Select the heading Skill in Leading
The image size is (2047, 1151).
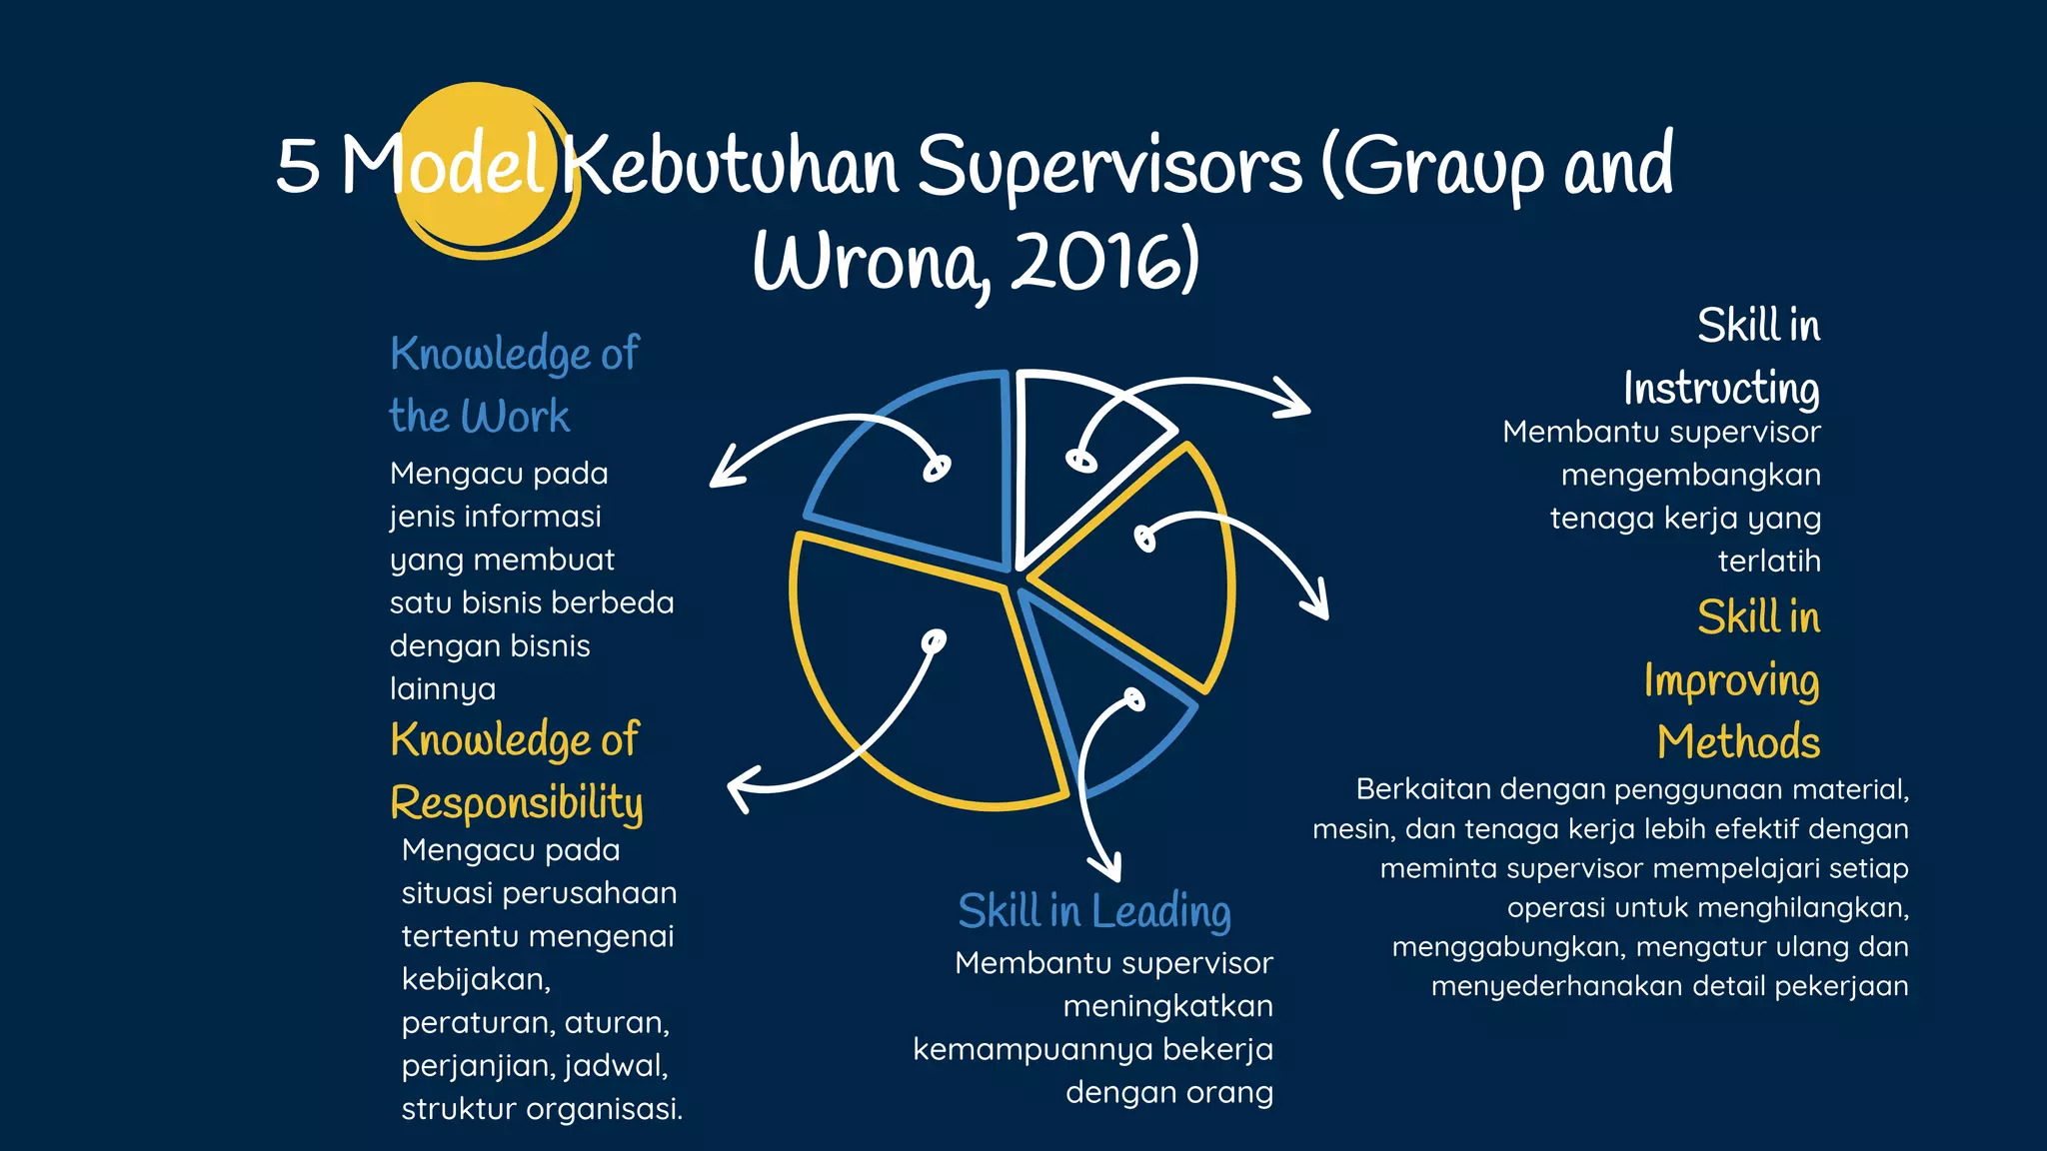click(1093, 911)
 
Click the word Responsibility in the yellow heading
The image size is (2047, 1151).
click(516, 803)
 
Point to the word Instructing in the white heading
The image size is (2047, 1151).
click(1720, 389)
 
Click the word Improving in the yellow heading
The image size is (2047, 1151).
click(1731, 681)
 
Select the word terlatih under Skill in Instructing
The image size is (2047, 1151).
click(1768, 562)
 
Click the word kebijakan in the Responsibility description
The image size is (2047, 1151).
click(476, 980)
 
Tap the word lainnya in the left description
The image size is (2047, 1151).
click(442, 689)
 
